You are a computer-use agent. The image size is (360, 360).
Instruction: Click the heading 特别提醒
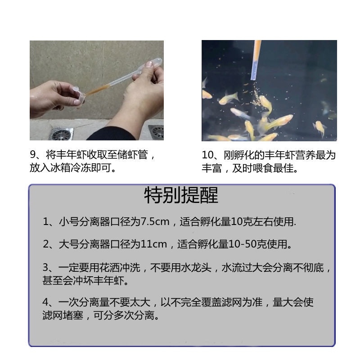tap(181, 195)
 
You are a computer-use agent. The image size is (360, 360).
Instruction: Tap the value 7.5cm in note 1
tap(155, 222)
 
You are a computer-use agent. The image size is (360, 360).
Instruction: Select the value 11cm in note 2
tap(153, 244)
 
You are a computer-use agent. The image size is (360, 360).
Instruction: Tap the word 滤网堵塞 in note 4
tap(63, 315)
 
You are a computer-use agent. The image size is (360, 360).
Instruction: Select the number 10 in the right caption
tap(207, 155)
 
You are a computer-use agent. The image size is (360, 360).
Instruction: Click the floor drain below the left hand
tap(61, 134)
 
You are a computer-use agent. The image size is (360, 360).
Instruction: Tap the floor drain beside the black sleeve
tap(157, 132)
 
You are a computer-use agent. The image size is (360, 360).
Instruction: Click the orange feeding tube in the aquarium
tap(256, 60)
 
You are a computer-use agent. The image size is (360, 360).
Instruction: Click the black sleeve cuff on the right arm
tap(112, 134)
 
